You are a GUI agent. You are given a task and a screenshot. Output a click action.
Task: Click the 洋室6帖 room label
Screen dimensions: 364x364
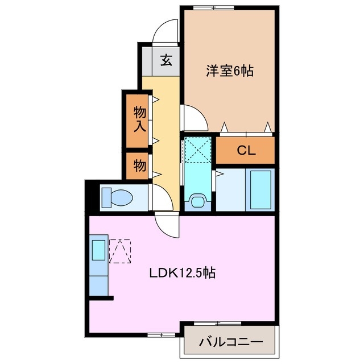pos(229,71)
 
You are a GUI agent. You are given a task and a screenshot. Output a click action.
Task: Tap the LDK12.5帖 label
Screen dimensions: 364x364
pos(182,273)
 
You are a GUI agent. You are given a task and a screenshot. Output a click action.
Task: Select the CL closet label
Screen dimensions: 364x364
pos(246,151)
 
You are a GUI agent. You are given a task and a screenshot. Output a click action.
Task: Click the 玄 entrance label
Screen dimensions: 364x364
pos(166,60)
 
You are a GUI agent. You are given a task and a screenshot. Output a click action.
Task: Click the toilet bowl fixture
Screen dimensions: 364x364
pos(117,198)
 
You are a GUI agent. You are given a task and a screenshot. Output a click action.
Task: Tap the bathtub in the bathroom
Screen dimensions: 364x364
pos(261,190)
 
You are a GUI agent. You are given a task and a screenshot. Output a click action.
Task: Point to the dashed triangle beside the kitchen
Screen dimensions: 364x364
pos(120,251)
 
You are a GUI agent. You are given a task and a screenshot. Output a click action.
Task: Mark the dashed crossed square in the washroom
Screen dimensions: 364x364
pos(197,150)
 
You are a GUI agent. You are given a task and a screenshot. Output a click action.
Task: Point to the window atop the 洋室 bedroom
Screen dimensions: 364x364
pos(207,7)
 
